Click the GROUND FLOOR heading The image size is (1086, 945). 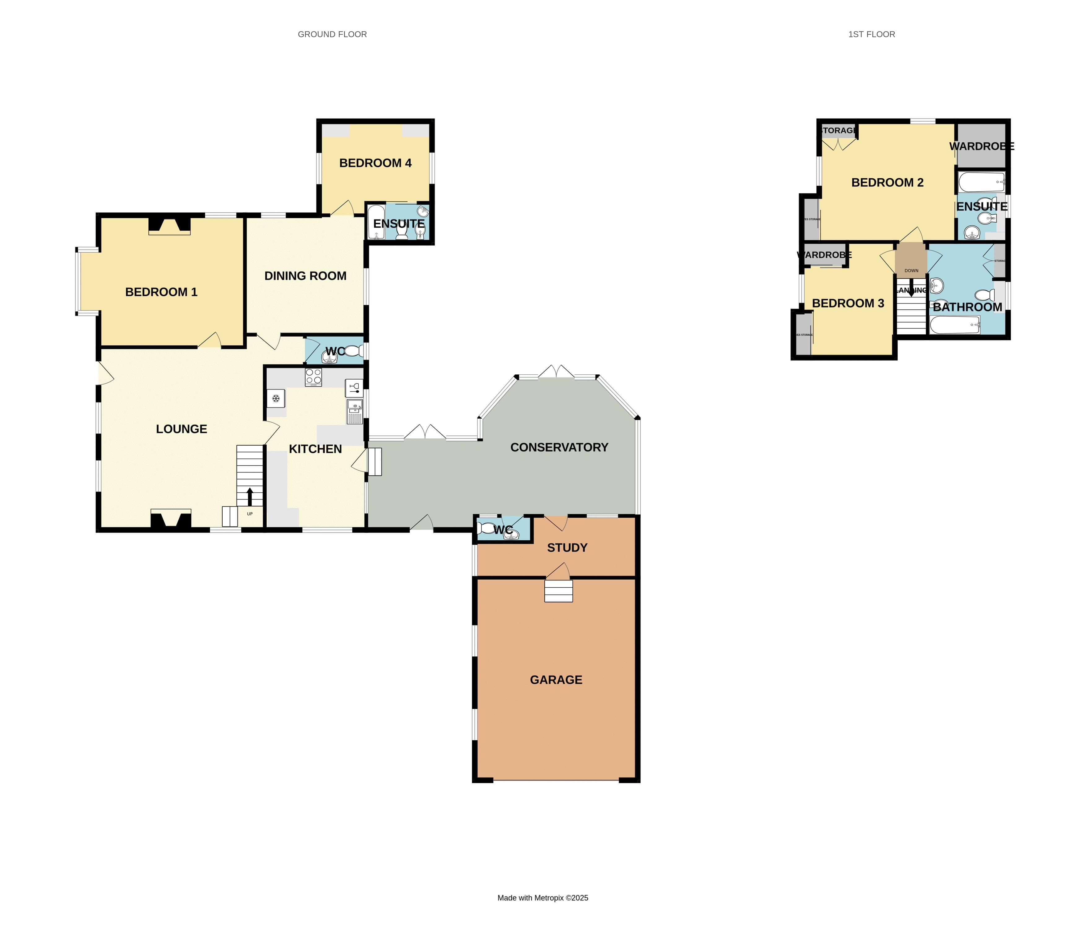332,34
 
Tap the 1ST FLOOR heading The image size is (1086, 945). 871,34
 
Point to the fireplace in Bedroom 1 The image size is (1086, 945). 169,226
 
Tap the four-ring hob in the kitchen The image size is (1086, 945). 313,377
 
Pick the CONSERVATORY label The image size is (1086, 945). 559,447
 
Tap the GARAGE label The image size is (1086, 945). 556,680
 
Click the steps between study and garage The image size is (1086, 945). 559,591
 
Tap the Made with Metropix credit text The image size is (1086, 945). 543,898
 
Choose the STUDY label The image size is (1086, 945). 567,548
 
